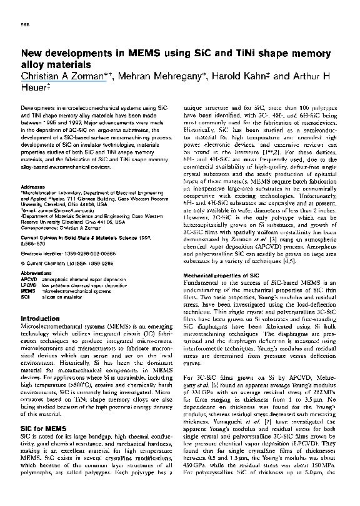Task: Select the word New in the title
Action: (32, 54)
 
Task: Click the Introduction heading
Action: (40, 319)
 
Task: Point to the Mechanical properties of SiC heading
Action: (223, 275)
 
